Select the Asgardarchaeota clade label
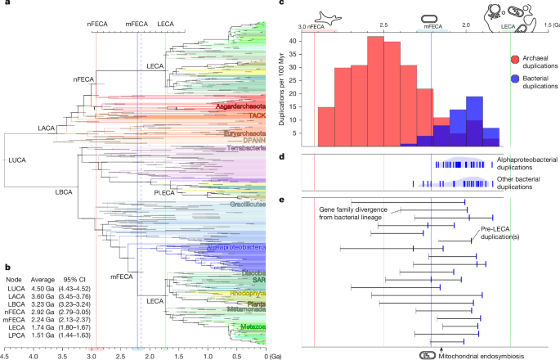coord(240,106)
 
